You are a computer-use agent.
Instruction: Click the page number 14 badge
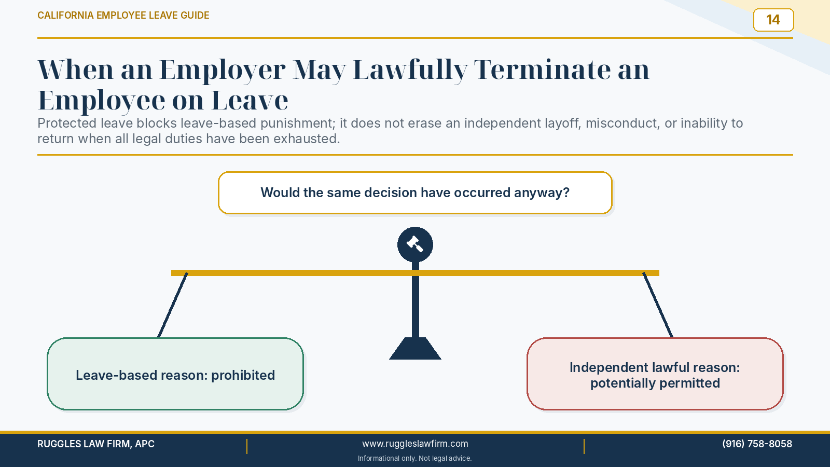tap(773, 20)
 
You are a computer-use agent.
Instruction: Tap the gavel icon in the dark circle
tap(415, 244)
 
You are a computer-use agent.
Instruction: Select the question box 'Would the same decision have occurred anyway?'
tap(415, 193)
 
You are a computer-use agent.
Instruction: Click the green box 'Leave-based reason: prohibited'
tap(175, 374)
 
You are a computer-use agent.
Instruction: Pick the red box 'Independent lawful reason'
tap(655, 374)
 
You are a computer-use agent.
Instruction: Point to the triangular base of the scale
tap(415, 348)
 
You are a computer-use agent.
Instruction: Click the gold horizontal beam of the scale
tap(415, 273)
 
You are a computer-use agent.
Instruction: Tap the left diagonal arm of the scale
tap(173, 305)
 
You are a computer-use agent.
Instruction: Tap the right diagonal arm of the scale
tap(658, 305)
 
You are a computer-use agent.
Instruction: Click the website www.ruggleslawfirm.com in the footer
tap(415, 444)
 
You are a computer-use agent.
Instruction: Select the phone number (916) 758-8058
tap(757, 444)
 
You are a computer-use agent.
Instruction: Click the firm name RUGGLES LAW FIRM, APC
tap(96, 444)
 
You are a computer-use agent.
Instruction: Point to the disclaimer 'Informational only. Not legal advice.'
tap(414, 459)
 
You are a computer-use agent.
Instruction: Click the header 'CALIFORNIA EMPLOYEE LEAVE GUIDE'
tap(123, 15)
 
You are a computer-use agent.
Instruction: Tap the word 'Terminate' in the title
tap(542, 70)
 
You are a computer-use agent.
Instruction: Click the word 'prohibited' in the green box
tap(243, 376)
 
